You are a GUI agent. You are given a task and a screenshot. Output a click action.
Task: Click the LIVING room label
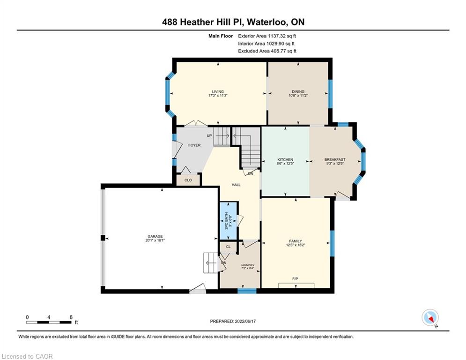(x=218, y=91)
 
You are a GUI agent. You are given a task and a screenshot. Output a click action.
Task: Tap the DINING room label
(x=298, y=91)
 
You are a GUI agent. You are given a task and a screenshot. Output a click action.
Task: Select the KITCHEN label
(x=285, y=160)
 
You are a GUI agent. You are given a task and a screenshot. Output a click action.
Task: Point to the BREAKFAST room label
(x=335, y=160)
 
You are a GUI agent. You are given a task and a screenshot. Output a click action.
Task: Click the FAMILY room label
(x=296, y=241)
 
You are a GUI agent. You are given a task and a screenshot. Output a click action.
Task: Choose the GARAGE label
(x=155, y=237)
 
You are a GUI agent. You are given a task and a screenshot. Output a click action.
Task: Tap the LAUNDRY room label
(x=248, y=265)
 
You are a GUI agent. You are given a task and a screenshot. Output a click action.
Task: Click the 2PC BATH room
(x=228, y=220)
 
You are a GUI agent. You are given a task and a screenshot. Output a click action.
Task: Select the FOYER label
(x=194, y=145)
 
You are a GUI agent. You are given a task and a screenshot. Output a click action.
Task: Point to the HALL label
(x=236, y=185)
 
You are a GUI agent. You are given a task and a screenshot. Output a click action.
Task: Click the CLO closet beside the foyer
(x=188, y=180)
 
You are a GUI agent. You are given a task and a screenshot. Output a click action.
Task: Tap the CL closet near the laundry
(x=228, y=247)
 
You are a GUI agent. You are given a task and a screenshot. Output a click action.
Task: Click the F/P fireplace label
(x=295, y=279)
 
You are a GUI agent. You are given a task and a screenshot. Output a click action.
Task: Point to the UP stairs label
(x=209, y=135)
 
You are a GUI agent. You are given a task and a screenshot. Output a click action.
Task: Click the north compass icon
(x=430, y=318)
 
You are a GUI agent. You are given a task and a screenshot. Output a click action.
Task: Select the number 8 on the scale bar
(x=71, y=317)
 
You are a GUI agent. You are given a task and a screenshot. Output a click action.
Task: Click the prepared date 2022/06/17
(x=245, y=321)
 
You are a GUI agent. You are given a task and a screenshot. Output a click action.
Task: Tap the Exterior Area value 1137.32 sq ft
(x=282, y=36)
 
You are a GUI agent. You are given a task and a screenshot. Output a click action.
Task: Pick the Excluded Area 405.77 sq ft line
(x=267, y=51)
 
